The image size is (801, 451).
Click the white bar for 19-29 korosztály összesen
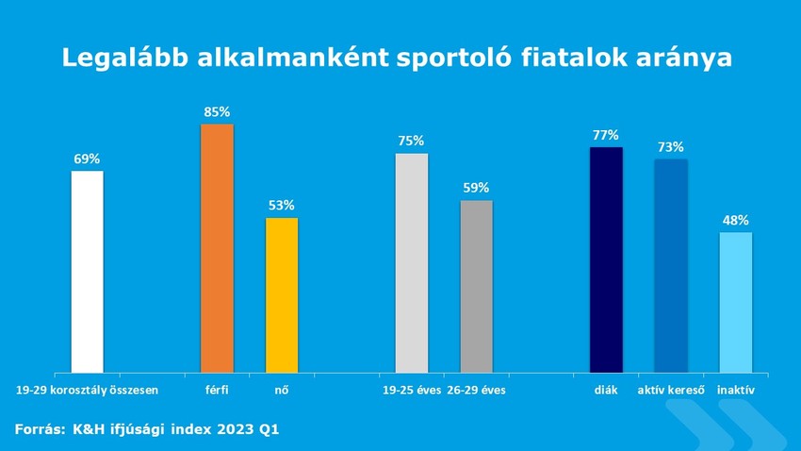tap(88, 272)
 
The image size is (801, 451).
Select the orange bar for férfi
tap(217, 248)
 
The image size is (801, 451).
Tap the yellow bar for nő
tap(282, 295)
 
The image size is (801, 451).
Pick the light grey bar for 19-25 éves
tap(411, 262)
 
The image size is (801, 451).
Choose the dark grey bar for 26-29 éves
tap(476, 286)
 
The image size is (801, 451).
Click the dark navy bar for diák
tap(606, 259)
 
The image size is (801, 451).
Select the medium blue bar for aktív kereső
tap(671, 265)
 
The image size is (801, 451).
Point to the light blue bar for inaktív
tap(735, 302)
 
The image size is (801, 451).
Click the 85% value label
tap(217, 112)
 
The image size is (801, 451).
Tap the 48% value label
tap(735, 221)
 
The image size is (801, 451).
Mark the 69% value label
tap(88, 159)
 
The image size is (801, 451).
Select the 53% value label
tap(282, 205)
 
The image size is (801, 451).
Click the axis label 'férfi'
tap(217, 389)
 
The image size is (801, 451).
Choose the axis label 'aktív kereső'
tap(671, 389)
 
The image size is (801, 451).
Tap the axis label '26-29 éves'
tap(476, 389)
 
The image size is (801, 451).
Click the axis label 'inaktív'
tap(735, 389)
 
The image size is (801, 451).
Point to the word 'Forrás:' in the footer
tap(39, 428)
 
